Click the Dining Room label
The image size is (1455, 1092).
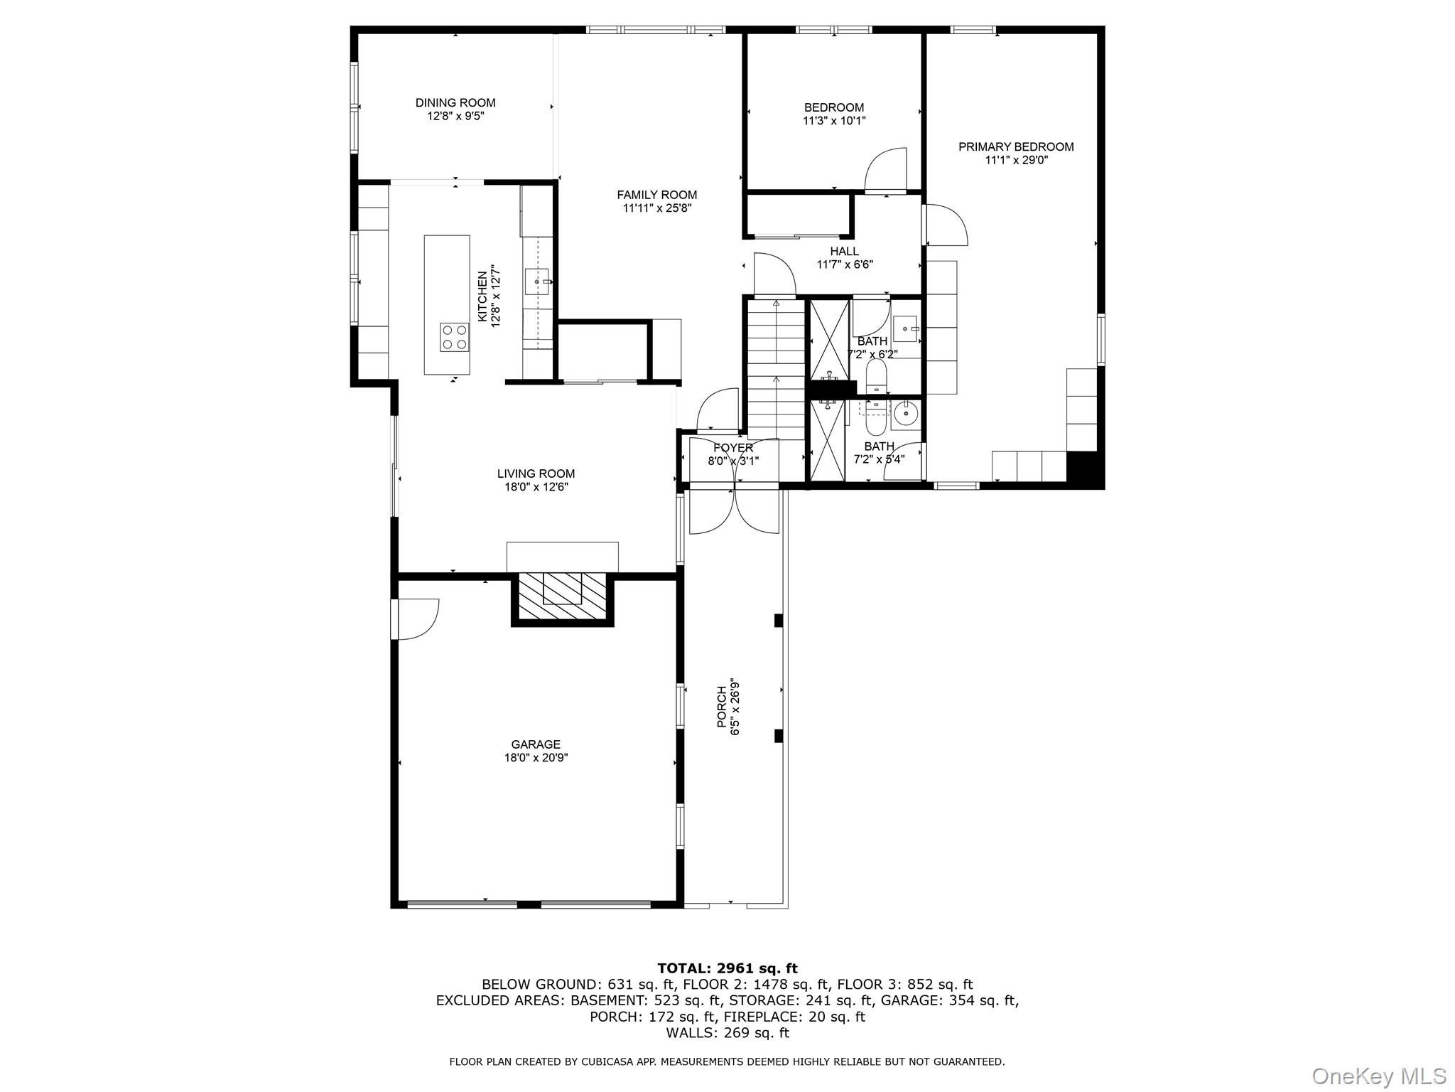click(455, 102)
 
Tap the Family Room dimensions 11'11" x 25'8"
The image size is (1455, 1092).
click(656, 208)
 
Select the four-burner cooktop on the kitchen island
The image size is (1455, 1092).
click(454, 337)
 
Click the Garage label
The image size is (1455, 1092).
click(536, 744)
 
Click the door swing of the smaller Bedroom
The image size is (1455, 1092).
click(886, 169)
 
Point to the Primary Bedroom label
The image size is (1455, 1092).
click(1016, 146)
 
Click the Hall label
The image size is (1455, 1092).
click(844, 251)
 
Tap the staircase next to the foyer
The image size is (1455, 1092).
click(776, 370)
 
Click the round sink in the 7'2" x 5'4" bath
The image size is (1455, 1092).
click(905, 412)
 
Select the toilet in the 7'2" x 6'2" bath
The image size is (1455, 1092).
click(876, 375)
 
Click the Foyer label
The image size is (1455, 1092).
click(733, 448)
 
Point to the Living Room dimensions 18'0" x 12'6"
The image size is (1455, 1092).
click(536, 487)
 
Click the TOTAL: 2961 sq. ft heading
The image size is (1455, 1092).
click(727, 968)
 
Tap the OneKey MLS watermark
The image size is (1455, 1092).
click(1378, 1076)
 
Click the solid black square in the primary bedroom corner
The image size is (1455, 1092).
click(1084, 469)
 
